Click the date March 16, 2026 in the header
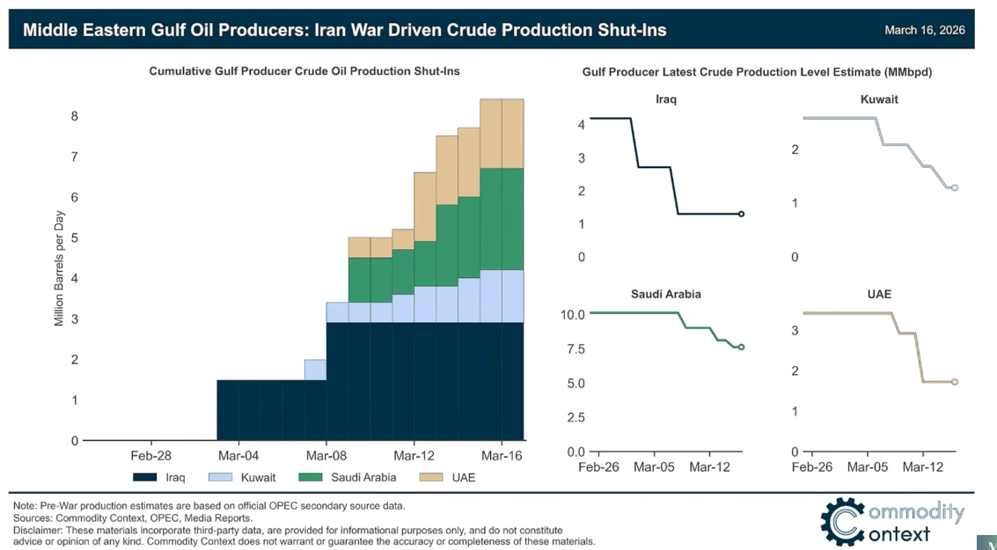click(x=924, y=30)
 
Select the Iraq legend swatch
click(x=145, y=478)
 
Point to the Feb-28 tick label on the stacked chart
click(x=151, y=456)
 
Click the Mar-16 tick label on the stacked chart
click(x=501, y=456)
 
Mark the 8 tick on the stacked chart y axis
click(x=75, y=116)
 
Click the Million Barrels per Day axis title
click(x=59, y=269)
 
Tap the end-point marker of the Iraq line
click(x=741, y=214)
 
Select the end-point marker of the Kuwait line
click(x=954, y=187)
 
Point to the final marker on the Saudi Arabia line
click(x=741, y=348)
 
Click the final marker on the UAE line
click(x=954, y=382)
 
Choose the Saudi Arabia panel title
click(x=665, y=294)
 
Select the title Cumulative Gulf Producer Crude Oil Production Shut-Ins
click(x=304, y=71)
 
